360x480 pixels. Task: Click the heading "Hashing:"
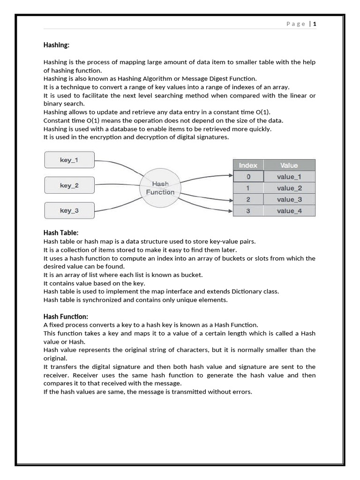click(56, 45)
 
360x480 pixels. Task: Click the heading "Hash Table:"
click(61, 232)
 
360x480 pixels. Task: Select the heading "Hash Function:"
click(66, 316)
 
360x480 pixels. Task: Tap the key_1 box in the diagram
click(69, 160)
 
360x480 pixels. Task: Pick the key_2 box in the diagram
click(69, 185)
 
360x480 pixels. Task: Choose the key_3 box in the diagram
click(69, 210)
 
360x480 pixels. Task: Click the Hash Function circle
click(160, 188)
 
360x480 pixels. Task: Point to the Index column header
click(248, 165)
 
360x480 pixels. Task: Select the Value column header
click(289, 165)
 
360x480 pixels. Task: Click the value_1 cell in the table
click(289, 177)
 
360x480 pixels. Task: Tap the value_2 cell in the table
click(289, 188)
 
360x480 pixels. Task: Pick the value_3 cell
click(289, 199)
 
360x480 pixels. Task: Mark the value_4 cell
click(289, 211)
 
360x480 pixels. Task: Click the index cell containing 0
click(248, 177)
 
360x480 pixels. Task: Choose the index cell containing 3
click(248, 211)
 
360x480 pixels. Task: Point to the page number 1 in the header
click(315, 24)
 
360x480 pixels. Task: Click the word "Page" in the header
click(296, 24)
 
